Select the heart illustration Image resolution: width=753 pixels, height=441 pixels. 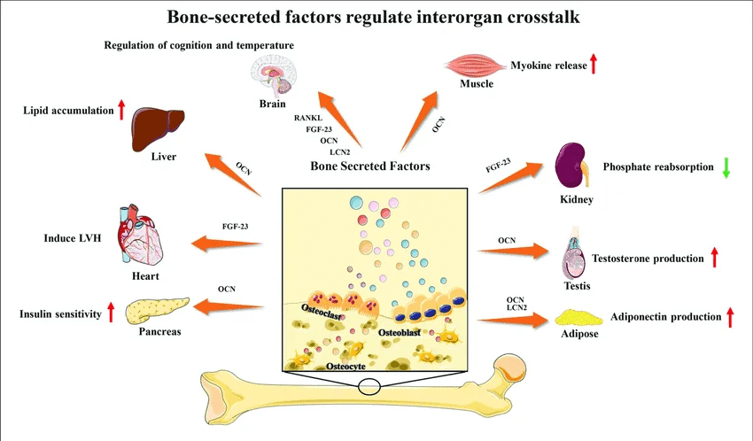140,235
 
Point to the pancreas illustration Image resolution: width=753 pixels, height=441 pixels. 158,311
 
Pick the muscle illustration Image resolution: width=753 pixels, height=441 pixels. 475,66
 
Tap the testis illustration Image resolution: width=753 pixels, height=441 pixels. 574,253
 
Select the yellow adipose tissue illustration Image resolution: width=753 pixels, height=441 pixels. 578,318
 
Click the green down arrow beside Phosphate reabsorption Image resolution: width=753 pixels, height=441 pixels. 726,167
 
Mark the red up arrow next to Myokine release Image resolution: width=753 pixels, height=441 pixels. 594,64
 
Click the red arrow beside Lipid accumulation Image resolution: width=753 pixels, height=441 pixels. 121,110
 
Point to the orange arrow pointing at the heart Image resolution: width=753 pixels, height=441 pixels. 227,244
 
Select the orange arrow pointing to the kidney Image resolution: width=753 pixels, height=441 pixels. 510,178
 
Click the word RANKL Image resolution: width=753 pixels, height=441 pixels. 308,118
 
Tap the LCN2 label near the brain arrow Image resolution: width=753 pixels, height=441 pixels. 340,152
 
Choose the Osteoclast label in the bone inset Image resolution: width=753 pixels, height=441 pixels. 322,312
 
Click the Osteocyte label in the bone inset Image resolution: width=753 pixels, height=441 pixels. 345,366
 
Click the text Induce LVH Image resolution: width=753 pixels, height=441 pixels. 73,238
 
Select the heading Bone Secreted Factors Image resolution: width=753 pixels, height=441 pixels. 370,166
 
